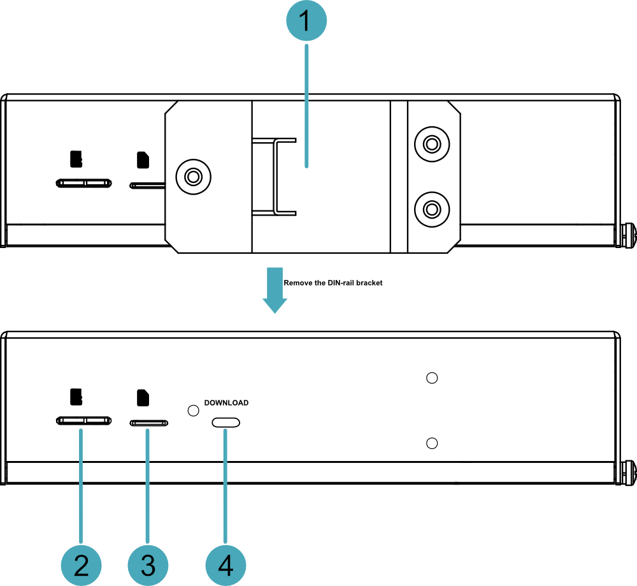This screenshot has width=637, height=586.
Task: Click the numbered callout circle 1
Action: (306, 20)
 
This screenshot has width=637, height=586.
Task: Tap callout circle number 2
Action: (82, 565)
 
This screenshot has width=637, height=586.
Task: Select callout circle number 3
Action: (148, 565)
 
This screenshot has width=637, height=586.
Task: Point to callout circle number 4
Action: (225, 565)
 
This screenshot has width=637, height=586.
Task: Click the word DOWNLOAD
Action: (226, 402)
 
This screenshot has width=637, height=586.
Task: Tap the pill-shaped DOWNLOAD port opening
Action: (226, 423)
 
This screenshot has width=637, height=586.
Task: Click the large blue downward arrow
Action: (275, 290)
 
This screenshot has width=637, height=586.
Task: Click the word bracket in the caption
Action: (369, 282)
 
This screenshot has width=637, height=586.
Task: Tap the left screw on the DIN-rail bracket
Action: (194, 177)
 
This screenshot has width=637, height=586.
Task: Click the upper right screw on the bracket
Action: (432, 144)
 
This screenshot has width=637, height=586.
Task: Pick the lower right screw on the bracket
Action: (432, 209)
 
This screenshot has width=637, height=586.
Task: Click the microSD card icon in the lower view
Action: (76, 397)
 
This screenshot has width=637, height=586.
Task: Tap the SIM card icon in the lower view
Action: (143, 398)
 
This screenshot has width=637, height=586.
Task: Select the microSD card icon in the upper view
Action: (76, 159)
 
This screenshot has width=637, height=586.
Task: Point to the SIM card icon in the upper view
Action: (143, 160)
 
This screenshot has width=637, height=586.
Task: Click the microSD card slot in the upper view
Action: (83, 183)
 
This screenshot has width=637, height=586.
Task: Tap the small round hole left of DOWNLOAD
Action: (194, 411)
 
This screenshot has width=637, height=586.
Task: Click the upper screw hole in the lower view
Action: (432, 377)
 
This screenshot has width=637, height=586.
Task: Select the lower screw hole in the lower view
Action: (432, 443)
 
